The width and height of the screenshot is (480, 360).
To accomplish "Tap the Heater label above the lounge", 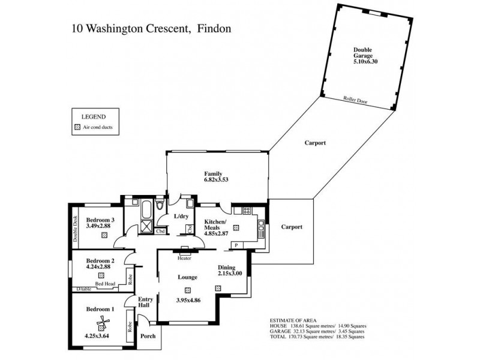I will (x=185, y=259).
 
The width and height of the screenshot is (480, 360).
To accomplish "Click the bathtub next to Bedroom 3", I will (x=146, y=209).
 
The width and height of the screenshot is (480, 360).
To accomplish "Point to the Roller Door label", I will (x=355, y=101).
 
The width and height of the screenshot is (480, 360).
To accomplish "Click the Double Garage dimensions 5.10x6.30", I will (x=362, y=59).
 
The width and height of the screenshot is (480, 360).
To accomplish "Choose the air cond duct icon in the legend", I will (x=77, y=128).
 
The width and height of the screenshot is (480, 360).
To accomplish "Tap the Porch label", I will (x=148, y=336).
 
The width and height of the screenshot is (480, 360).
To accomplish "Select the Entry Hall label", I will (x=146, y=302).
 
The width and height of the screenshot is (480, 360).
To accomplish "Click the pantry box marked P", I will (x=236, y=245).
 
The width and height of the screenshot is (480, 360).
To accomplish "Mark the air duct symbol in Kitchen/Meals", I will (x=236, y=228).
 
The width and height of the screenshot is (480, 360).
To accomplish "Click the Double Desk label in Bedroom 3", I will (x=76, y=228).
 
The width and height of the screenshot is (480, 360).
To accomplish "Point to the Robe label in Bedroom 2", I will (x=130, y=278).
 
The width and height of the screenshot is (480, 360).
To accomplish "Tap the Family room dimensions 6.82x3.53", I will (x=217, y=179).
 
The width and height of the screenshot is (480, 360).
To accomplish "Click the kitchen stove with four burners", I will (x=246, y=211).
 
